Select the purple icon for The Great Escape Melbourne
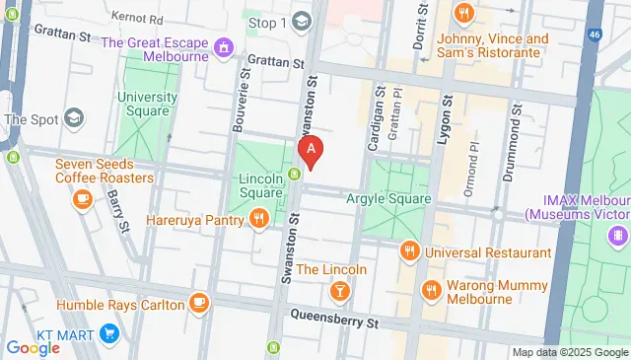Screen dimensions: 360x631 pyautogui.click(x=226, y=45)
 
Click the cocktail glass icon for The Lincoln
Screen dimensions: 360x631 pyautogui.click(x=339, y=290)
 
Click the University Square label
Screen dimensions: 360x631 pyautogui.click(x=147, y=104)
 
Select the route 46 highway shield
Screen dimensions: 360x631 pyautogui.click(x=596, y=35)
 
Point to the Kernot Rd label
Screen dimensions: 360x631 pyautogui.click(x=137, y=18)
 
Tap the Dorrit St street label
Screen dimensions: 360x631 pyautogui.click(x=420, y=24)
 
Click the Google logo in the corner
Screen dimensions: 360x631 pyautogui.click(x=33, y=348)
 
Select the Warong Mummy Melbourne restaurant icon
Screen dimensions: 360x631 pyautogui.click(x=430, y=290)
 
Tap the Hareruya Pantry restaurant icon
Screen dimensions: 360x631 pyautogui.click(x=258, y=219)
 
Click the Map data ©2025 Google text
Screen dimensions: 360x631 pyautogui.click(x=570, y=352)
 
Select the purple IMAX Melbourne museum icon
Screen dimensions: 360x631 pyautogui.click(x=617, y=235)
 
